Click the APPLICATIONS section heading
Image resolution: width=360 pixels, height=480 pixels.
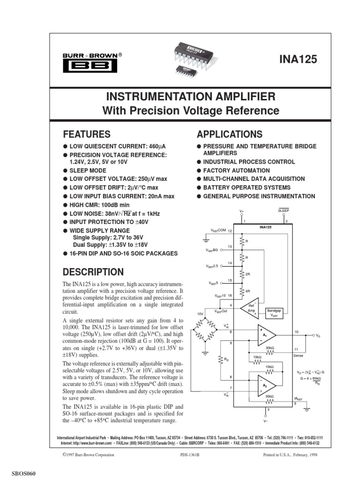point(230,135)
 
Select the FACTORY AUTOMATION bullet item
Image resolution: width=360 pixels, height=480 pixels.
point(236,171)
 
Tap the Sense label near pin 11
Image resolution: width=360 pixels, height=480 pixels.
point(298,356)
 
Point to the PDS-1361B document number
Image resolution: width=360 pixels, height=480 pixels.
point(190,455)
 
